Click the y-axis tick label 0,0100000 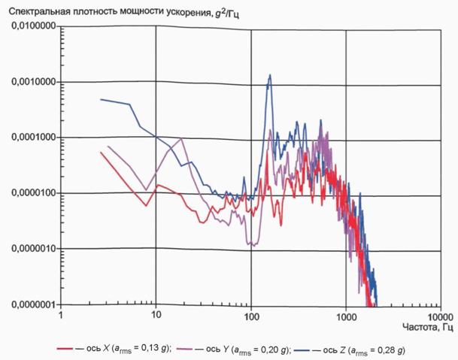click(33, 26)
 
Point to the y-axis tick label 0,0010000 click(33, 81)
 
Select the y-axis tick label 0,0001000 click(33, 137)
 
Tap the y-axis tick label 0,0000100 click(33, 193)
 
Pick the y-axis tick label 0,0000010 click(33, 249)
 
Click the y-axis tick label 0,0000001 click(33, 304)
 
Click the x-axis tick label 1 click(61, 316)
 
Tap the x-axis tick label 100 click(251, 316)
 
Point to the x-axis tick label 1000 click(346, 317)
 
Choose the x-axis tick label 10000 click(441, 317)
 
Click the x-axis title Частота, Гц click(428, 327)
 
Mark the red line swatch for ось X click(65, 349)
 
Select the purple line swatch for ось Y click(185, 349)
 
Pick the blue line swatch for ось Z click(302, 349)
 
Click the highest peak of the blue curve click(270, 74)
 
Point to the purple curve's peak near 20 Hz click(181, 138)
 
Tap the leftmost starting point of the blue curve click(101, 99)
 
